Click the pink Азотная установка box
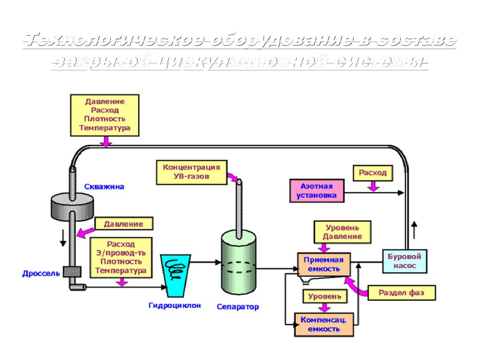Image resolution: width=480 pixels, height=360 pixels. coord(317,190)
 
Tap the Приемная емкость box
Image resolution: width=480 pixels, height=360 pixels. coord(323,264)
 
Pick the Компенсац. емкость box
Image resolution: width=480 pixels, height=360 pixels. coord(323,324)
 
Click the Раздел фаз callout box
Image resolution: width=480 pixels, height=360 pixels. coord(401,292)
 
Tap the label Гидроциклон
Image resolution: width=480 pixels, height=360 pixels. coord(174,306)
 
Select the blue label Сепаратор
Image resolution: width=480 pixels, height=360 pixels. coord(238,307)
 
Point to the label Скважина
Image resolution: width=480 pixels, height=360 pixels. coord(104,187)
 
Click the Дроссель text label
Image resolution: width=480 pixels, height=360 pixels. coord(41,273)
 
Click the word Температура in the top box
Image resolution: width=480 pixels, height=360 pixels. coord(105,127)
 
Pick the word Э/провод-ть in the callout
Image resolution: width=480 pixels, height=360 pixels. coord(120,253)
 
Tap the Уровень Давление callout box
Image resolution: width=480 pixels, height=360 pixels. coord(342,232)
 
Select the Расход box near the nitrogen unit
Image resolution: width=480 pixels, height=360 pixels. coord(373,173)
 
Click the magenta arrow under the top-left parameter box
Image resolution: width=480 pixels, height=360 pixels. coord(107,141)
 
